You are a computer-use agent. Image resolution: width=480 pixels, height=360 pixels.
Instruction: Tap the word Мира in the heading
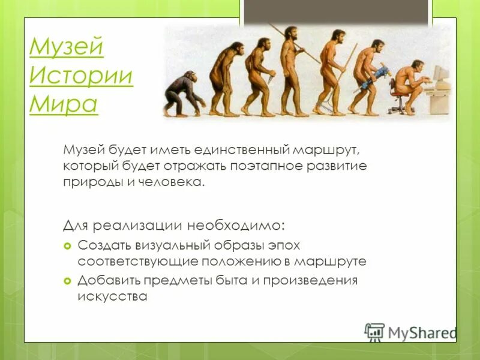tap(63, 104)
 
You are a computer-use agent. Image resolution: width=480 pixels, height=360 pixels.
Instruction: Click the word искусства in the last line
tap(112, 296)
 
